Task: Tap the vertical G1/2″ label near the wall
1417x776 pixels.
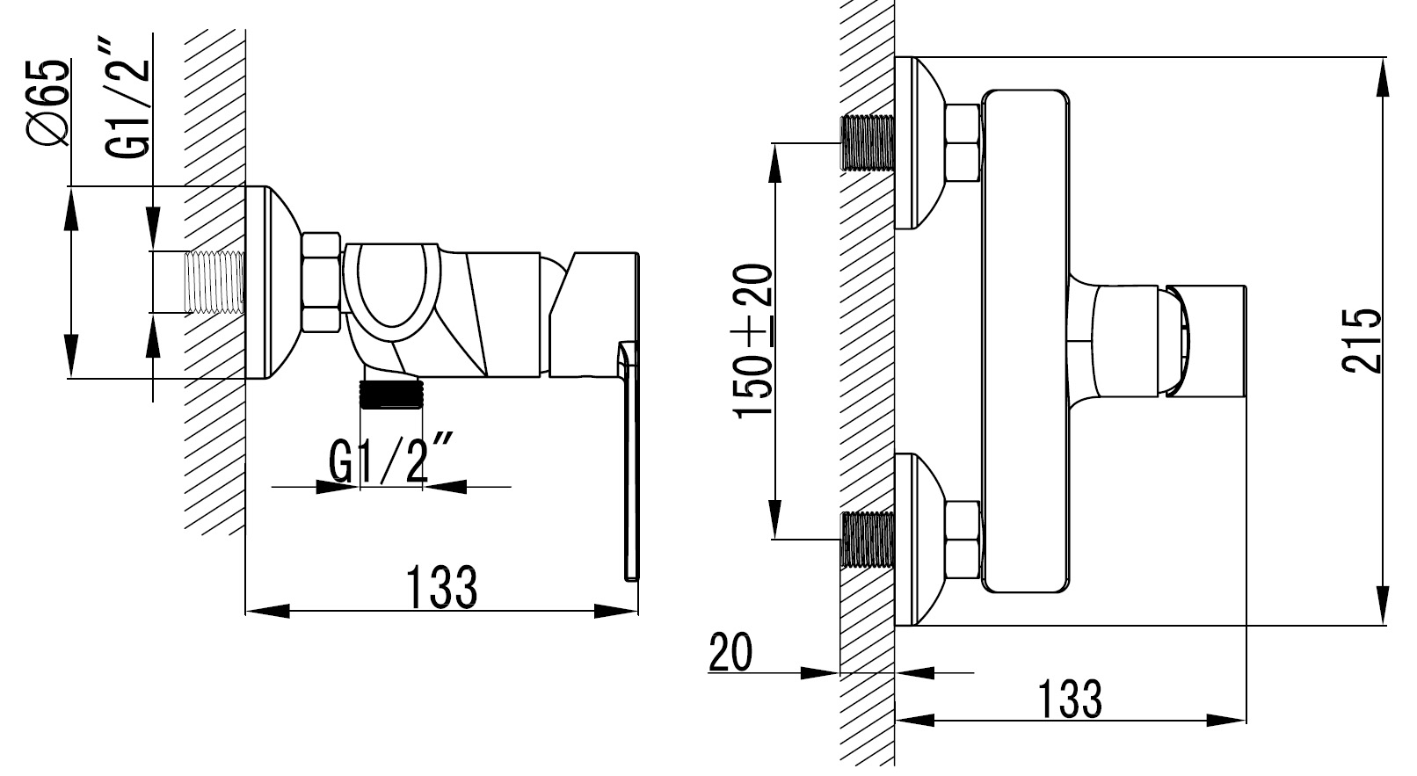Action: [127, 100]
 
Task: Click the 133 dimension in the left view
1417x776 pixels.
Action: [441, 587]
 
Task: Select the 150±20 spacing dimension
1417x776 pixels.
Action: [752, 341]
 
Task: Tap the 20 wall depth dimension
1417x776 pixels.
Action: [730, 652]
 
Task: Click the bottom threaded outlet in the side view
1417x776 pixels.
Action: [390, 394]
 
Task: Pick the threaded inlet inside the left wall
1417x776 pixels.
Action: [214, 282]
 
